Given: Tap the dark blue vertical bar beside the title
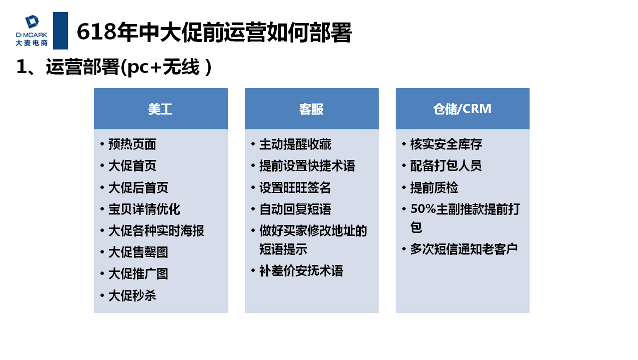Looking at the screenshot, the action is tap(60, 30).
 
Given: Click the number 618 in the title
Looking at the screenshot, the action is tap(96, 31).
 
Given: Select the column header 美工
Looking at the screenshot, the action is tap(160, 109).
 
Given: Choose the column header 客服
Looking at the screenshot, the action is tap(311, 109).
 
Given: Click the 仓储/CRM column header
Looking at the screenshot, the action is tap(462, 109).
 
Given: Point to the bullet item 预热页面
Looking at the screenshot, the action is tap(132, 144).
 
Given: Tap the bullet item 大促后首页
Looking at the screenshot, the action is tap(138, 187).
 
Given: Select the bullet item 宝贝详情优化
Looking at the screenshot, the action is tap(144, 209).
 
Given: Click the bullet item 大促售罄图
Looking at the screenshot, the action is tap(138, 252).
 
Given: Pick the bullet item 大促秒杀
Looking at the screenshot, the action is tap(132, 295).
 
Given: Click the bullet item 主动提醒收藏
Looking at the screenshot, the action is tap(295, 144).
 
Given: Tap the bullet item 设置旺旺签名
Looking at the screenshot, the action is tap(295, 187).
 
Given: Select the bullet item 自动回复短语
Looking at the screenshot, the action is tap(295, 209).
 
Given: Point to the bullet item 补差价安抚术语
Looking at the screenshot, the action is tap(301, 271).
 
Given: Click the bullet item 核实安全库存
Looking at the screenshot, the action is tap(446, 144).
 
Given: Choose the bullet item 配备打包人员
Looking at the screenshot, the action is tap(446, 166).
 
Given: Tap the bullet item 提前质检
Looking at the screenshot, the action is tap(434, 187).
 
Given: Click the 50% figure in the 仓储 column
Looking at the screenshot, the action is tap(423, 209).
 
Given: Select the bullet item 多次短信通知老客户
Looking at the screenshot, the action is tap(464, 249).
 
